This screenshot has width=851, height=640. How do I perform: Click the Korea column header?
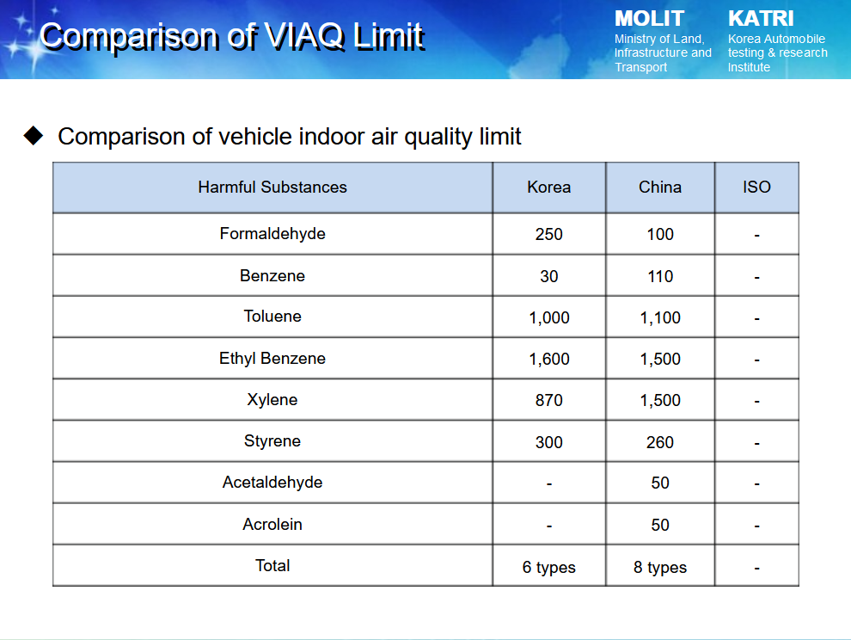(x=548, y=187)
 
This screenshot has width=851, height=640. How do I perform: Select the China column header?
(x=660, y=187)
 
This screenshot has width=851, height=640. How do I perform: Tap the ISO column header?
(x=756, y=187)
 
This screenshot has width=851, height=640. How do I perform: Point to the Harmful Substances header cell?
(x=272, y=187)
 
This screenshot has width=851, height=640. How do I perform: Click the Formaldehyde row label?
(x=272, y=234)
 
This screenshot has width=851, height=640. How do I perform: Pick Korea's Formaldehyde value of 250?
(x=548, y=234)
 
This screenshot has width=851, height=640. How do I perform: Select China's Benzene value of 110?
(x=660, y=276)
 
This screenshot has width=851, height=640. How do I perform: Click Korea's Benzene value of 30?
(x=548, y=276)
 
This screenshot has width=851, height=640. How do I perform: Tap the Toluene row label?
(x=272, y=317)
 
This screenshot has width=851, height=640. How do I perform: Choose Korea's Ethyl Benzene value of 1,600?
(x=549, y=359)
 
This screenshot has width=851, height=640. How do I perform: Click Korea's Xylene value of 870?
(x=548, y=400)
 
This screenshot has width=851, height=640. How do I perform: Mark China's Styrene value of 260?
(x=660, y=442)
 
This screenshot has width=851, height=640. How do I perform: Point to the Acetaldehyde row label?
(x=272, y=483)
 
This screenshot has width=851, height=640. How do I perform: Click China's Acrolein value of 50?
(x=660, y=525)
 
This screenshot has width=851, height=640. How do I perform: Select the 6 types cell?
(x=548, y=567)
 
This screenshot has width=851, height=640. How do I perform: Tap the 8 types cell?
(x=660, y=567)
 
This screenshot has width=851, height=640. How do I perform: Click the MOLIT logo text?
(x=649, y=18)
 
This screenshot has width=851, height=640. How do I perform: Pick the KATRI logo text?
(x=761, y=18)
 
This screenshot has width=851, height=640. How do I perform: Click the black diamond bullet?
(x=34, y=135)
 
